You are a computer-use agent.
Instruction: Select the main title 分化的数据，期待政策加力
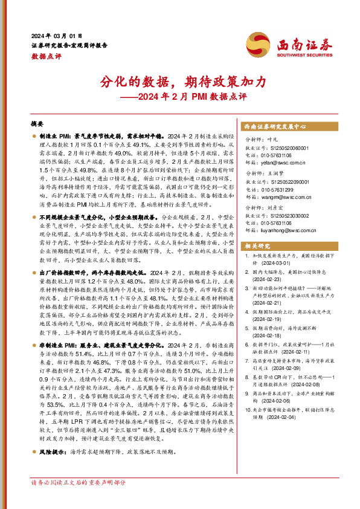click(180, 82)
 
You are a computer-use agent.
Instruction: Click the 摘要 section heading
click(39, 123)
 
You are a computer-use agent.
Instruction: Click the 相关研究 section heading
click(257, 247)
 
